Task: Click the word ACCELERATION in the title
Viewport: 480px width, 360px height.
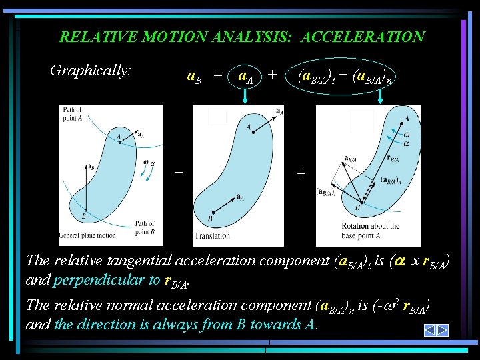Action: click(x=363, y=37)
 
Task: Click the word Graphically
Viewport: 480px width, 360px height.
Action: click(x=91, y=70)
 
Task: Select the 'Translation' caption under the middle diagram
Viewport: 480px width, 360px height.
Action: click(x=212, y=235)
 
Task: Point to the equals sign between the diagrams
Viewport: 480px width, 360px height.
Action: click(x=179, y=173)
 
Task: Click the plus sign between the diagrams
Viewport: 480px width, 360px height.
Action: click(x=301, y=173)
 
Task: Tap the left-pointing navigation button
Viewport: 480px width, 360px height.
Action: click(x=431, y=330)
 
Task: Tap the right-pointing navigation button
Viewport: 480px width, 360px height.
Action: click(x=442, y=330)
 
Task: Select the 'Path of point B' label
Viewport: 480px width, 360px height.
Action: click(x=144, y=227)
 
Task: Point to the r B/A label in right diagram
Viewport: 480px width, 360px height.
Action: click(x=393, y=159)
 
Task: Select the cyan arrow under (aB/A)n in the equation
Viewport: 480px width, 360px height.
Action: click(x=381, y=97)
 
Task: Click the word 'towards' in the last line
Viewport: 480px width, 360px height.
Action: click(x=262, y=325)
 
